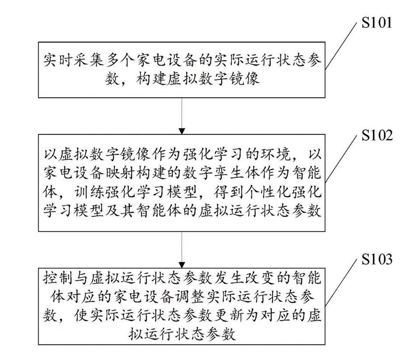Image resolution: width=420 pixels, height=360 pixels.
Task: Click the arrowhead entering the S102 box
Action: (x=182, y=131)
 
